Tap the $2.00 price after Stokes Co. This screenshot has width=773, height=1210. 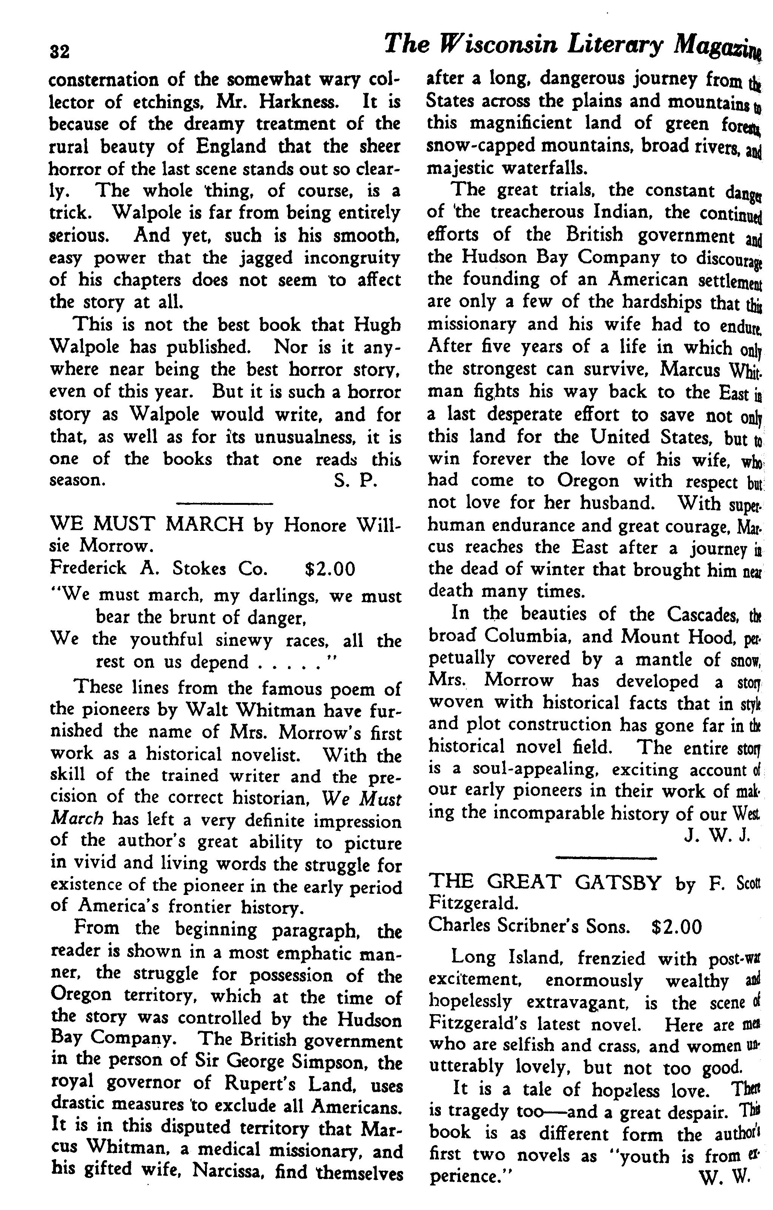[330, 568]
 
